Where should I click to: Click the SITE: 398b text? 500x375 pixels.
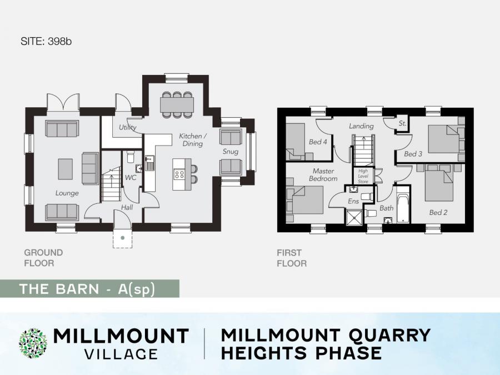click(x=46, y=42)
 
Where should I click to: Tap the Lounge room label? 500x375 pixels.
click(x=67, y=193)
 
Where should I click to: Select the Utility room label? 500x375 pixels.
click(x=128, y=127)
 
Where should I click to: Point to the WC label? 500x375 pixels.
click(x=131, y=177)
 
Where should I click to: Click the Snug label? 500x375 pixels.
click(x=231, y=152)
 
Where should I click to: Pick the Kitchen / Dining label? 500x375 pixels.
click(x=193, y=139)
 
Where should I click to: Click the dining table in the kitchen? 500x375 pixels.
click(x=177, y=104)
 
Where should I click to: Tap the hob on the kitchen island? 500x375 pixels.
click(x=179, y=174)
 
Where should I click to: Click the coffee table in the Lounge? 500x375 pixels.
click(x=65, y=169)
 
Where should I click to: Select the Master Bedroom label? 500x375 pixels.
click(x=323, y=175)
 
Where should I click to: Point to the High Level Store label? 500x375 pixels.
click(x=363, y=176)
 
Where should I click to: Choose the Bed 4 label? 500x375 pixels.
click(x=318, y=142)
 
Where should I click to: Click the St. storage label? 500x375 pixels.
click(x=402, y=123)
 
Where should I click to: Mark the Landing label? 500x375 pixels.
click(x=361, y=126)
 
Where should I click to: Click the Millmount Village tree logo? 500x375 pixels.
click(x=33, y=343)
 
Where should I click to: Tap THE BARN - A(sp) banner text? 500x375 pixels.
click(x=87, y=289)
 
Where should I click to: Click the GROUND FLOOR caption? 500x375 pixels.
click(x=43, y=258)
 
